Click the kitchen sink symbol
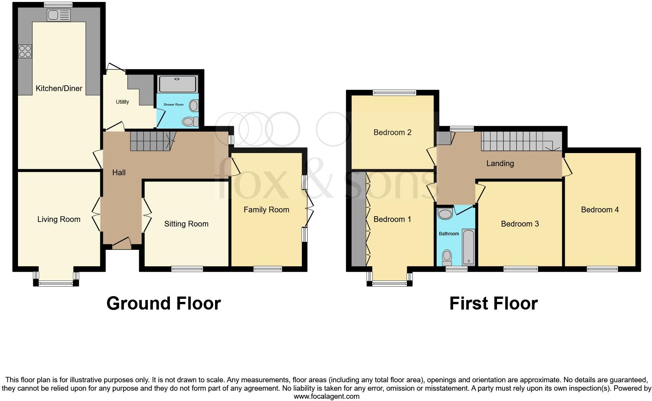[x=59, y=15]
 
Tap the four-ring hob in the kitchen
[x=25, y=51]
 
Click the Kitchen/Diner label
[x=59, y=88]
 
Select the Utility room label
[x=122, y=102]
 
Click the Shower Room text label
[x=173, y=104]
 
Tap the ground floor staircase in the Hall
[x=152, y=141]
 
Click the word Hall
[x=119, y=173]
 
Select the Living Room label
[x=59, y=219]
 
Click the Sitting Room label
[x=186, y=224]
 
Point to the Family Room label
[x=266, y=210]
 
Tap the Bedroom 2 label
[x=392, y=132]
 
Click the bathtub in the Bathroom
[x=468, y=247]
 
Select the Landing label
[x=500, y=163]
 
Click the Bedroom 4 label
[x=600, y=210]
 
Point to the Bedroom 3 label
[x=520, y=224]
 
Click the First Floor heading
[x=493, y=303]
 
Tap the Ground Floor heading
[x=163, y=303]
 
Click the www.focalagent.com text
[x=326, y=396]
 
